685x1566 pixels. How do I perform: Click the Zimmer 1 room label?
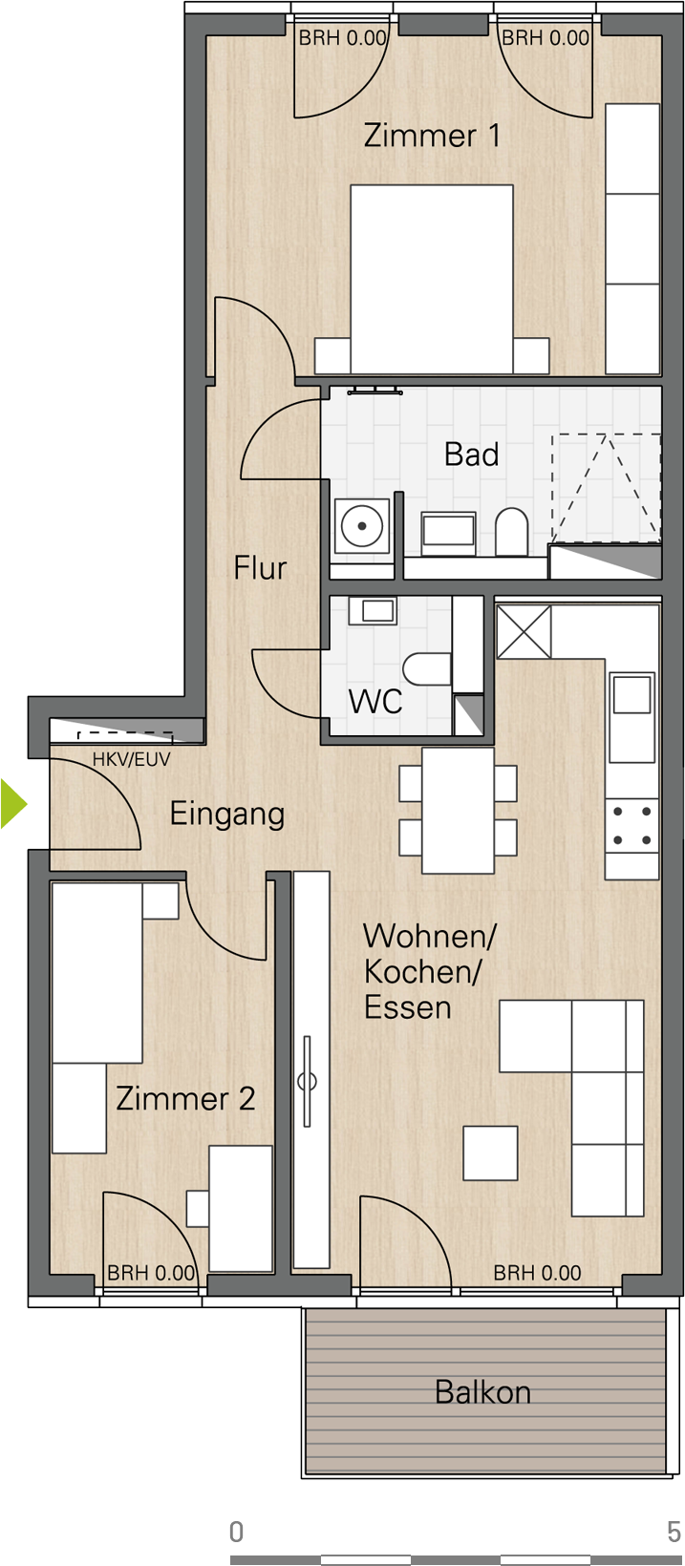pyautogui.click(x=432, y=136)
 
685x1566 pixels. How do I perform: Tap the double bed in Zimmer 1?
pyautogui.click(x=432, y=279)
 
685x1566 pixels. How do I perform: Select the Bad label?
pyautogui.click(x=472, y=455)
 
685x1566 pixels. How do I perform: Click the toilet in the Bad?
pyautogui.click(x=511, y=531)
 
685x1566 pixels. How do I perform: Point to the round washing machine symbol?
pyautogui.click(x=362, y=526)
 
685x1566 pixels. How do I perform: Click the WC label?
pyautogui.click(x=375, y=701)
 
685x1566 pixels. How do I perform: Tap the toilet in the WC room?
pyautogui.click(x=427, y=669)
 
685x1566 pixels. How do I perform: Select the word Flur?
pyautogui.click(x=260, y=567)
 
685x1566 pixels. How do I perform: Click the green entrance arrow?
pyautogui.click(x=13, y=804)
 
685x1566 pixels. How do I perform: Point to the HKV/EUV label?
pyautogui.click(x=132, y=759)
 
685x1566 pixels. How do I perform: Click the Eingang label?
pyautogui.click(x=227, y=815)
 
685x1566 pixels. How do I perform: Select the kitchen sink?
pyautogui.click(x=632, y=717)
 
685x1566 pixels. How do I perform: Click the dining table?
pyautogui.click(x=458, y=811)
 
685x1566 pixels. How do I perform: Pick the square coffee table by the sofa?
pyautogui.click(x=490, y=1153)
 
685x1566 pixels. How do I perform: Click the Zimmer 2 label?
pyautogui.click(x=185, y=1098)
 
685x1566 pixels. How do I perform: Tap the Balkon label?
pyautogui.click(x=482, y=1392)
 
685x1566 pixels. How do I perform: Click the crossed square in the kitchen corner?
pyautogui.click(x=524, y=632)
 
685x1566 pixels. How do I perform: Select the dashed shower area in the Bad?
pyautogui.click(x=606, y=487)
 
